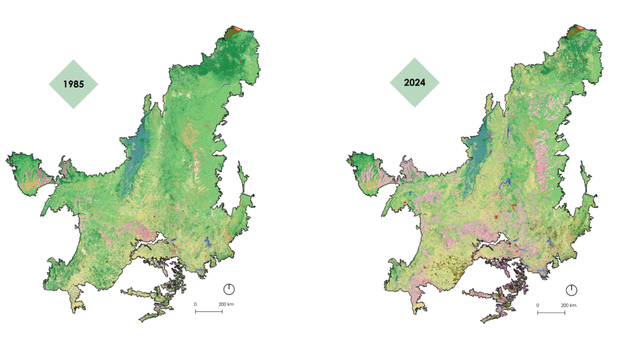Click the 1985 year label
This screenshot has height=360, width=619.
coord(73,84)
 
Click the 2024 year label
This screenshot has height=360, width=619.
coord(415,83)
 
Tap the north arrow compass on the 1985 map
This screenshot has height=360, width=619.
coord(229,288)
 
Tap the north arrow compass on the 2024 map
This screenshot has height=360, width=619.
coord(571,289)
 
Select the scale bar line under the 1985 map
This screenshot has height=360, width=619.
coord(209,312)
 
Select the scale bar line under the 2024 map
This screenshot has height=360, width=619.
coord(551,313)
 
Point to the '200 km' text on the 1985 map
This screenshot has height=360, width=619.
coord(225,304)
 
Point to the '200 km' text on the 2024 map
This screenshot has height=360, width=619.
coord(568,305)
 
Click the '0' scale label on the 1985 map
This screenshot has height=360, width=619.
coord(195,304)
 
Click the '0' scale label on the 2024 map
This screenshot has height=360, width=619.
coord(537,305)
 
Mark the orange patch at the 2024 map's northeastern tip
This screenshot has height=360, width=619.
coord(580,30)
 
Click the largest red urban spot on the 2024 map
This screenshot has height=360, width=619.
coord(495,217)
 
